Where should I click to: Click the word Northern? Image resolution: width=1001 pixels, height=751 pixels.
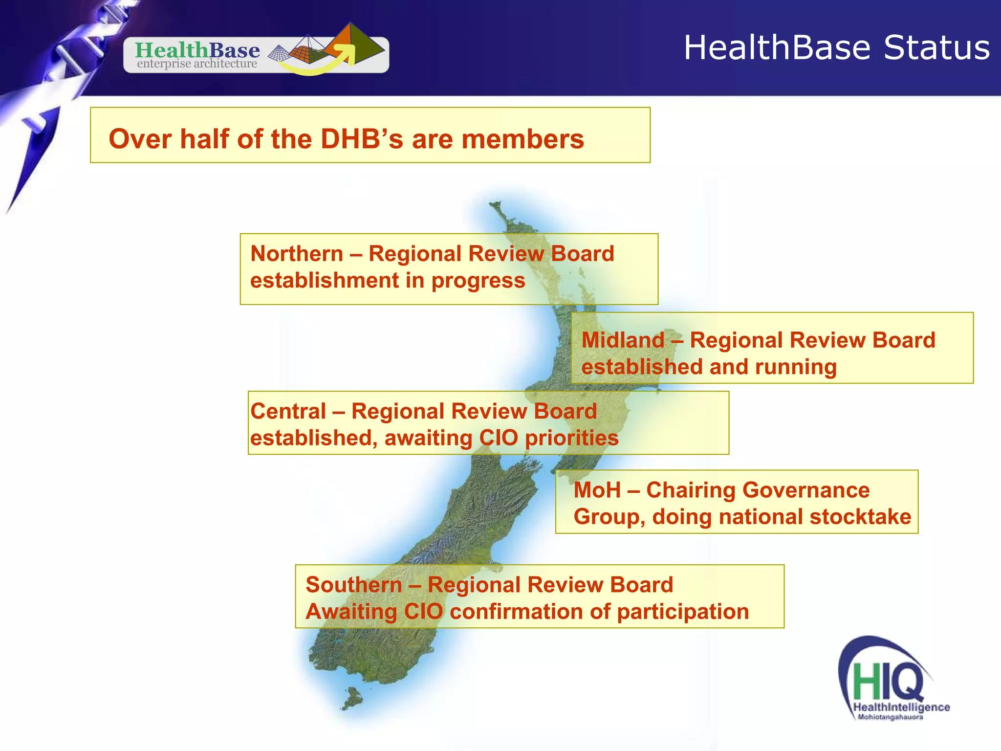click(297, 254)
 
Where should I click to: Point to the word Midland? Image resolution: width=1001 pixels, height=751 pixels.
click(623, 340)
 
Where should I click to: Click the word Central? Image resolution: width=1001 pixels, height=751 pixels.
click(288, 411)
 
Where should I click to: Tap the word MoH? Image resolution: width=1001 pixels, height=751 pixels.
click(597, 490)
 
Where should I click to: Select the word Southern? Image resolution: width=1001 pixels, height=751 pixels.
click(353, 585)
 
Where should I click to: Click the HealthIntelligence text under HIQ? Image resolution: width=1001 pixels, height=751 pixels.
click(901, 707)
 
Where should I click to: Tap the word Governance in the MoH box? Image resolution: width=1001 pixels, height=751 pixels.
click(757, 490)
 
